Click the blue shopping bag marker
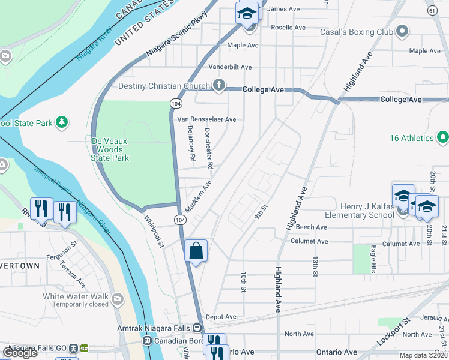(x=196, y=250)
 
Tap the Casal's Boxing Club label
(x=356, y=31)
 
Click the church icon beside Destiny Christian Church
(x=220, y=85)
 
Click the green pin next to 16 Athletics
(x=443, y=138)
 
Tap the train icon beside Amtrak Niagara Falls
(x=196, y=328)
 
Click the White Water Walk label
(x=75, y=296)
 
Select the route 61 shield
(x=432, y=11)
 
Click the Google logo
(x=20, y=352)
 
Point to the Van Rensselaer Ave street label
(x=206, y=119)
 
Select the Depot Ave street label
(x=221, y=317)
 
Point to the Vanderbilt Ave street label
(x=230, y=67)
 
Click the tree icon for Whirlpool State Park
(x=61, y=122)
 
